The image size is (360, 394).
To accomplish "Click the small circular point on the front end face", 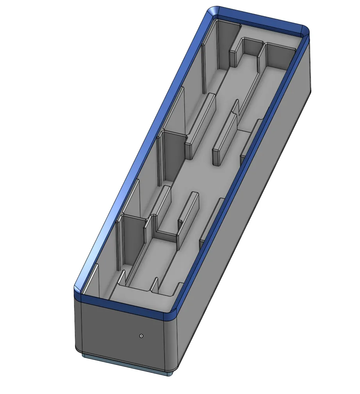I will pos(141,335).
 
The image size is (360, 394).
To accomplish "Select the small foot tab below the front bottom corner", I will pos(168,373).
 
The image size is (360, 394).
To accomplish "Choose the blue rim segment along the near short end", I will pos(125,306).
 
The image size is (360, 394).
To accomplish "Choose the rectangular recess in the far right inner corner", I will pos(279,57).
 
